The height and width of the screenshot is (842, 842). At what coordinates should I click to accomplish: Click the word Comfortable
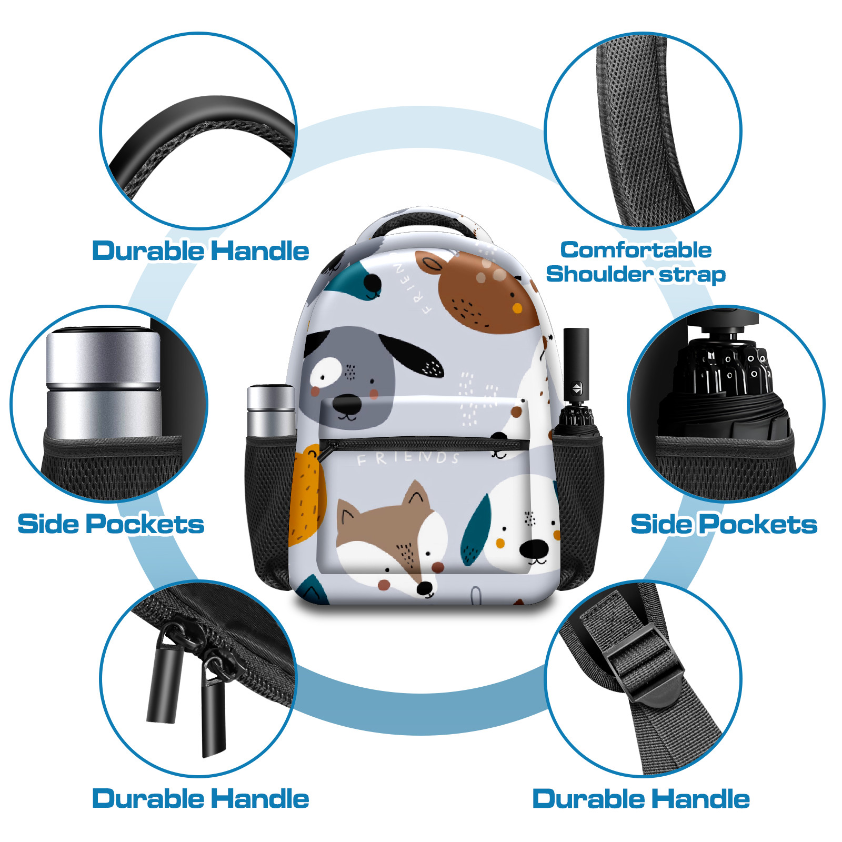pos(636,250)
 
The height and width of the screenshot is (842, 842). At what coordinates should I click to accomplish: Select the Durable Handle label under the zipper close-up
pos(201,799)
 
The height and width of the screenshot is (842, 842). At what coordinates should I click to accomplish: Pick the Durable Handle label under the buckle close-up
pos(641,799)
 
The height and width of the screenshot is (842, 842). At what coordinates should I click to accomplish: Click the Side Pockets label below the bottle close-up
pos(111,524)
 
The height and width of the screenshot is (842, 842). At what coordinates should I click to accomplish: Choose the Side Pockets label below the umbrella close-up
pos(724,524)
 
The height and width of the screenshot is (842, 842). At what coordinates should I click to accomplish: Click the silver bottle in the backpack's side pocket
pos(271,412)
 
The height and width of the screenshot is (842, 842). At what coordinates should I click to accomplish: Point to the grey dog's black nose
pos(347,405)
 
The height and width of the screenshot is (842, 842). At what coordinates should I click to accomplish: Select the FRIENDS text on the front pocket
pos(408,458)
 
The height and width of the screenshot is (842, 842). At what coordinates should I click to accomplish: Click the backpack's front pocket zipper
pos(424,444)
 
